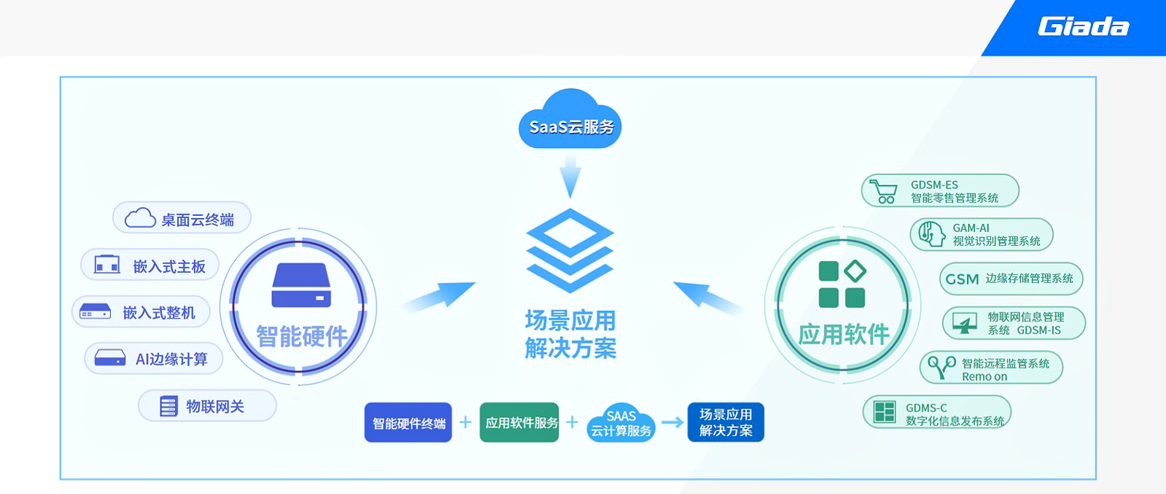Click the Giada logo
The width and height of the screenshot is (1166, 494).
[x=1083, y=27]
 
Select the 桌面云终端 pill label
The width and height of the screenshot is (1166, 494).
[x=182, y=218]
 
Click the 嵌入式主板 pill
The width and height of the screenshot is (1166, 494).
[x=150, y=266]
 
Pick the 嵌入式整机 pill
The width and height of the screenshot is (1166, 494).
[x=141, y=312]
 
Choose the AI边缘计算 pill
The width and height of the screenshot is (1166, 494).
[x=153, y=358]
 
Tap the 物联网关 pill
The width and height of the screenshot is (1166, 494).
[x=207, y=406]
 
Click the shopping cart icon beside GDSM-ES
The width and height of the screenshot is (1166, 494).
[x=884, y=191]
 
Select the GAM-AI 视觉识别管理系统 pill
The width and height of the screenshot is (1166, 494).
[x=982, y=234]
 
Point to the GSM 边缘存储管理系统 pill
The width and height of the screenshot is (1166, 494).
[x=1011, y=279]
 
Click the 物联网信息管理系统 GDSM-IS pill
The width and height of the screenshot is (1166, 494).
[x=1014, y=323]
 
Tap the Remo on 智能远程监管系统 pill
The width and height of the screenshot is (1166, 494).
[x=991, y=368]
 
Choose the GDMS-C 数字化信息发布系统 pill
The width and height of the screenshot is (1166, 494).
[x=937, y=412]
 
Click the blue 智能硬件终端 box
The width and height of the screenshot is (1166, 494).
[x=408, y=422]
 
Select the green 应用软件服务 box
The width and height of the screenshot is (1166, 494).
[x=519, y=422]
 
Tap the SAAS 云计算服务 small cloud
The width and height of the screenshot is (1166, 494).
[x=621, y=424]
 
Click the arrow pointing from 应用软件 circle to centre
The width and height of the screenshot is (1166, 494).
[x=707, y=296]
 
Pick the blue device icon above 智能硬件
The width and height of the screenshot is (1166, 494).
[x=301, y=285]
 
